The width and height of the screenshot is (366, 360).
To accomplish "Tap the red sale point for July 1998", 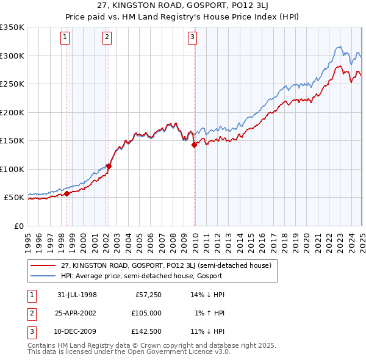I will (x=67, y=193).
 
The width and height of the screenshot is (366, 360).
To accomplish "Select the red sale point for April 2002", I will (x=109, y=166).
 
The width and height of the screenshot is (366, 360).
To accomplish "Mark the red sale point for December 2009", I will (x=194, y=145).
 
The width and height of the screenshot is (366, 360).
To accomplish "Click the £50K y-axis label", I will (x=15, y=198).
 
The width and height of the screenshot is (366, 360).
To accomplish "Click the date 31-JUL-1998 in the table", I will (x=77, y=295).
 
